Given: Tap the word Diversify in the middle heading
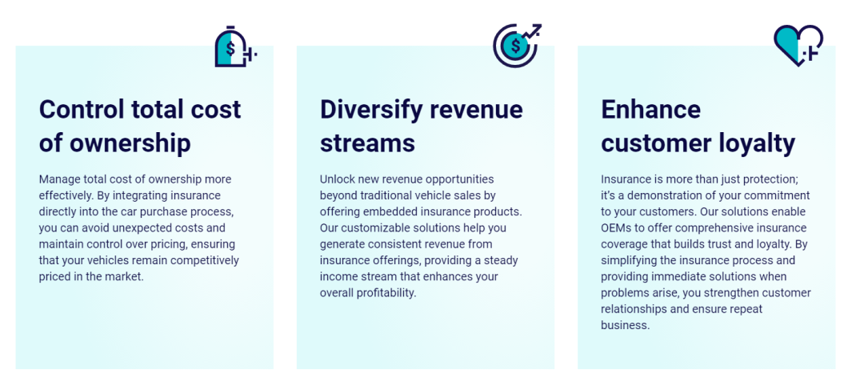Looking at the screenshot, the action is (370, 111).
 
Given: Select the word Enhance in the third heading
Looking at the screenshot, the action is (650, 109).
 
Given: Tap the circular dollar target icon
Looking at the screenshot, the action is (515, 46).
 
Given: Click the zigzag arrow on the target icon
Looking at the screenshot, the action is (532, 31).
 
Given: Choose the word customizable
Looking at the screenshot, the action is (373, 227).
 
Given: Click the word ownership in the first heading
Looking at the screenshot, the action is (130, 144).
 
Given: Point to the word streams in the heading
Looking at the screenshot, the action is (367, 144).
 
